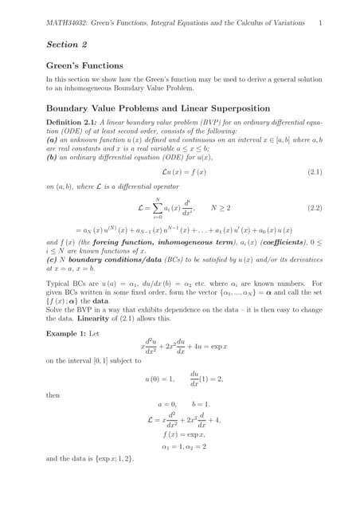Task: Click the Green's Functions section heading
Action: pos(84,65)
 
